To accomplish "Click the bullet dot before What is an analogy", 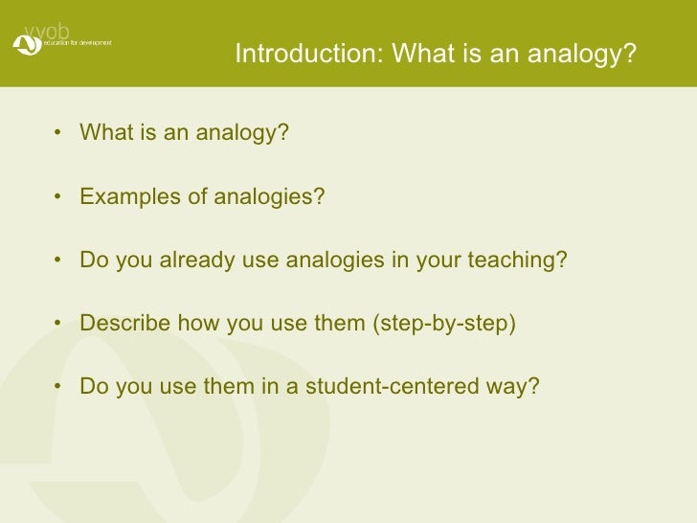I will (60, 133).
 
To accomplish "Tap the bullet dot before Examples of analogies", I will (60, 197).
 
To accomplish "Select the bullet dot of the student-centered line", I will (60, 388).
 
